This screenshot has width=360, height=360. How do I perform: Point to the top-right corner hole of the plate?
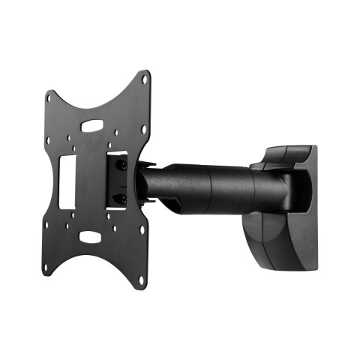142,82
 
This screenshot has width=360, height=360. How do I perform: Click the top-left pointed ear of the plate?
50,95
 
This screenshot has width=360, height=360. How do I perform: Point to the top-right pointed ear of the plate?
143,77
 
